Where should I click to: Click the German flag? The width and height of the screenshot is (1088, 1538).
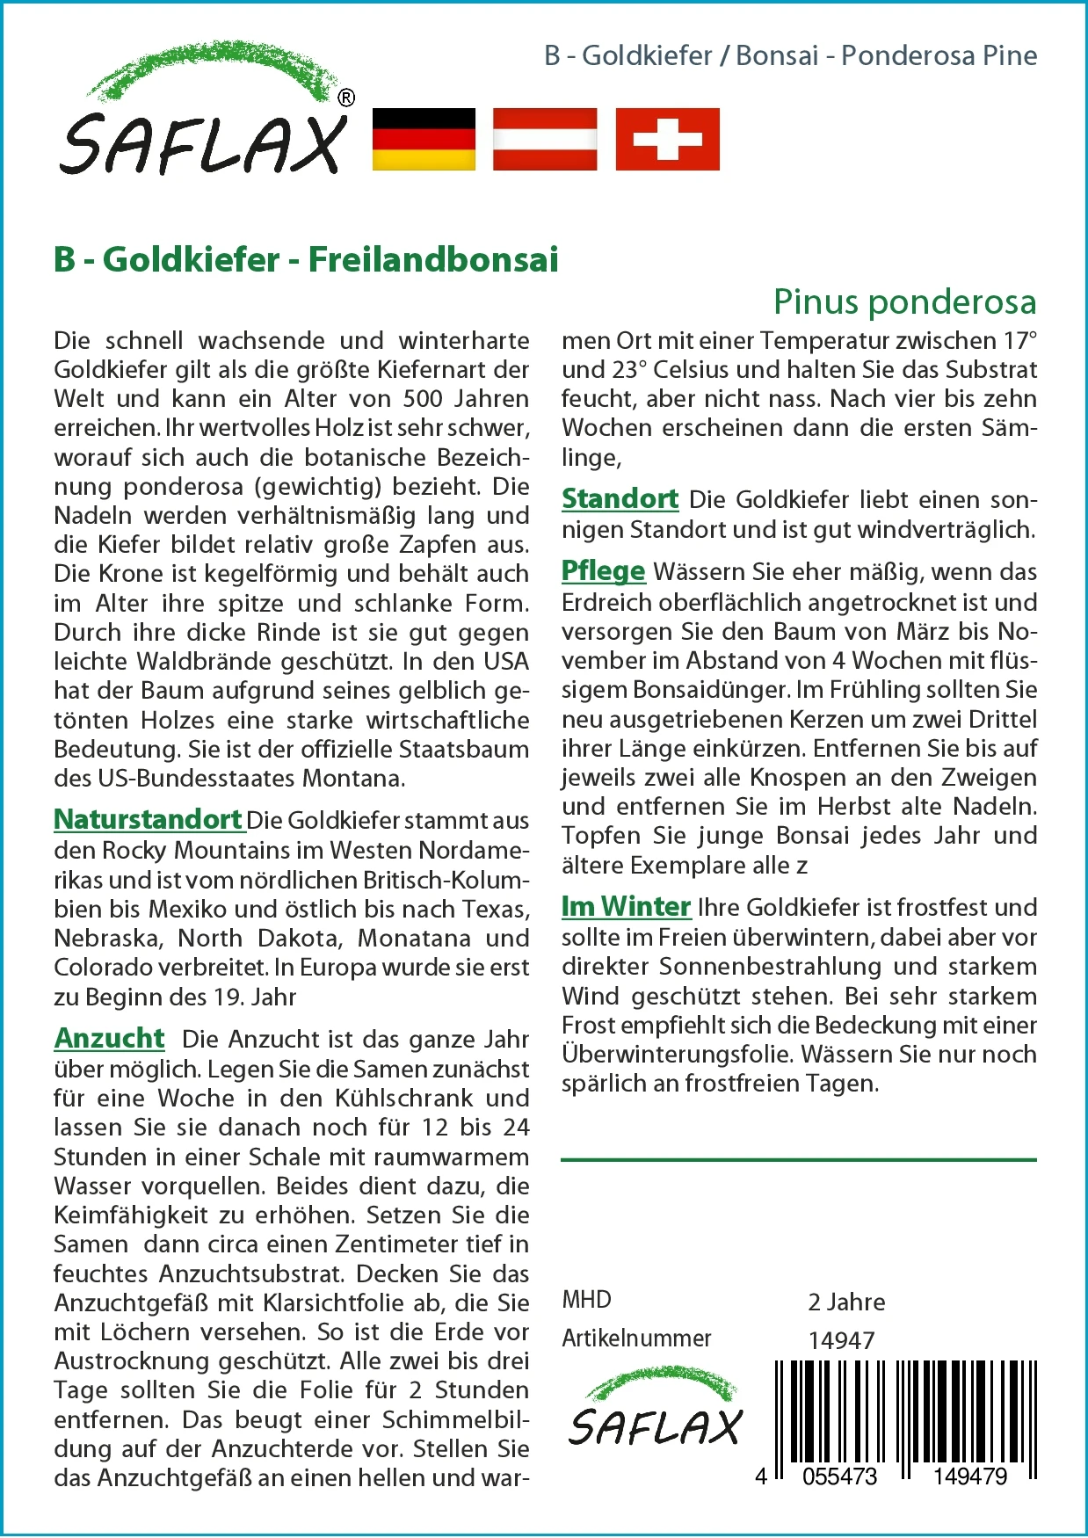click(424, 139)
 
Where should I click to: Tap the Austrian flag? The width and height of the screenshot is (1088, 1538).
click(545, 139)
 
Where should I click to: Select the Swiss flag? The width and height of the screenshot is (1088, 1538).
click(667, 139)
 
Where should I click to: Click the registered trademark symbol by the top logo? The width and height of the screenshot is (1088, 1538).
click(346, 98)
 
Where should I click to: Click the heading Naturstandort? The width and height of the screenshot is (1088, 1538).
click(148, 819)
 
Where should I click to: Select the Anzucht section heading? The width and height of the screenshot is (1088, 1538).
click(109, 1038)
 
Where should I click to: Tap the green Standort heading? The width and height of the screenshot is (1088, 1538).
click(620, 498)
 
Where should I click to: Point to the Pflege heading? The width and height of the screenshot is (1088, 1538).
click(603, 570)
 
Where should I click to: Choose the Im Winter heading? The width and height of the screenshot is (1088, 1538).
click(626, 906)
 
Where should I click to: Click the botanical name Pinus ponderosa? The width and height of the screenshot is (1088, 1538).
click(904, 301)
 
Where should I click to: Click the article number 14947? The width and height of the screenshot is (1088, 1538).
click(841, 1340)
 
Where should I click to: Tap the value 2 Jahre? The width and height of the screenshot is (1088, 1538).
click(846, 1302)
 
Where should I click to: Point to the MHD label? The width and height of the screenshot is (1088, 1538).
click(586, 1299)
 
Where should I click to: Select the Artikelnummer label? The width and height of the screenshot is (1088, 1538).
click(636, 1338)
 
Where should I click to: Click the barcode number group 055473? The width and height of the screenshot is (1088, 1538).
click(839, 1476)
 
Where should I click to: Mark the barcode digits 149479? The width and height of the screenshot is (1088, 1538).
click(969, 1476)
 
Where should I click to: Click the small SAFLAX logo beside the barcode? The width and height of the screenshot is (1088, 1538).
click(655, 1408)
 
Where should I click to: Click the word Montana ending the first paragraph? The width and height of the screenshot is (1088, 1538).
click(352, 779)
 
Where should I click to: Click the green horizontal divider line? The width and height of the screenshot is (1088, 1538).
click(798, 1160)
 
